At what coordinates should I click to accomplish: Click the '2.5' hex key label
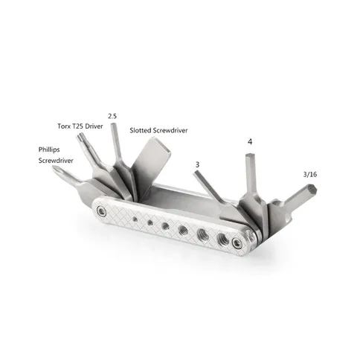[x=112, y=116]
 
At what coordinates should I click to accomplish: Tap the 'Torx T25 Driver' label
[x=80, y=126]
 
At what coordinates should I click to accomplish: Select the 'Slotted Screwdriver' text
[x=158, y=130]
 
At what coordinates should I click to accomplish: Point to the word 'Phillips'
[x=49, y=150]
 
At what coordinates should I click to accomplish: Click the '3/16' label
[x=310, y=175]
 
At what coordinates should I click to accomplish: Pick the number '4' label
[x=250, y=142]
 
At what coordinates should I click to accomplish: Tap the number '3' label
[x=197, y=164]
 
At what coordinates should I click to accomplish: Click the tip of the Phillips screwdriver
[x=54, y=169]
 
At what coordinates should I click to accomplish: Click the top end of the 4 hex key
[x=249, y=155]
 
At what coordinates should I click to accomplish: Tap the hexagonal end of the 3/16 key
[x=312, y=190]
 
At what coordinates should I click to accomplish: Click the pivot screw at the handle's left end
[x=101, y=211]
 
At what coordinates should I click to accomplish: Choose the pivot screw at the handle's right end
[x=237, y=242]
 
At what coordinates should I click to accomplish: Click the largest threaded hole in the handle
[x=222, y=238]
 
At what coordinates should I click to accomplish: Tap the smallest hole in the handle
[x=135, y=219]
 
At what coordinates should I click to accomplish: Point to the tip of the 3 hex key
[x=195, y=174]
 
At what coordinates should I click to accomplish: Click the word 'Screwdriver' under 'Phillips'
[x=56, y=161]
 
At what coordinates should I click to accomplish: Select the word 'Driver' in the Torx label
[x=94, y=126]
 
